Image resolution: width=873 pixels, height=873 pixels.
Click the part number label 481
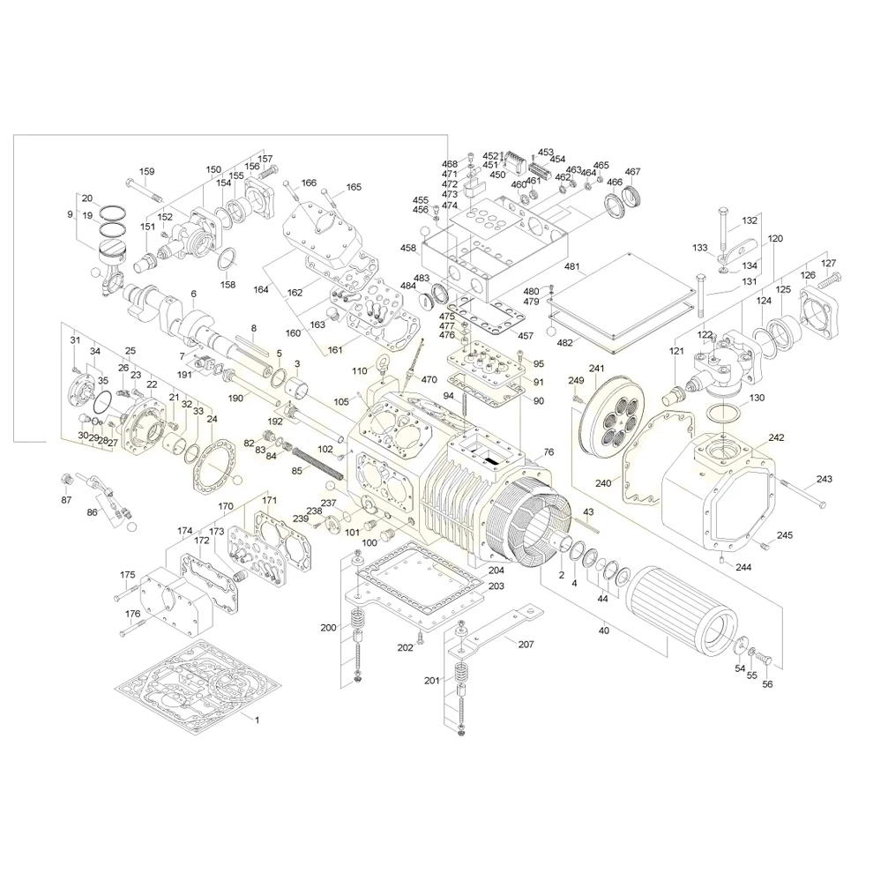tap(571, 267)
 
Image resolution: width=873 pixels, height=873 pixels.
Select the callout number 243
tap(824, 480)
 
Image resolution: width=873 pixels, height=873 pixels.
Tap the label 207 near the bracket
tap(526, 645)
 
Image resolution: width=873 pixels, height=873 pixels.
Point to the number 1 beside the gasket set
tap(257, 720)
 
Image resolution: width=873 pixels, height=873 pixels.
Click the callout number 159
tap(146, 171)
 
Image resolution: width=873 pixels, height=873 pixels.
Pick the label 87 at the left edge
tap(66, 500)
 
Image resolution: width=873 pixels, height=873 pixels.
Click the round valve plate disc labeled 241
tap(608, 420)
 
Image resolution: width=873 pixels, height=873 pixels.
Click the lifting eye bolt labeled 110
tap(381, 362)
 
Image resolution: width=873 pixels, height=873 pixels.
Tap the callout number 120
tap(775, 239)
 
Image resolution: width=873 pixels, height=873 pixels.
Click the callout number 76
tap(548, 452)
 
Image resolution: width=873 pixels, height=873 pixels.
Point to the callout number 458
tap(407, 249)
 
